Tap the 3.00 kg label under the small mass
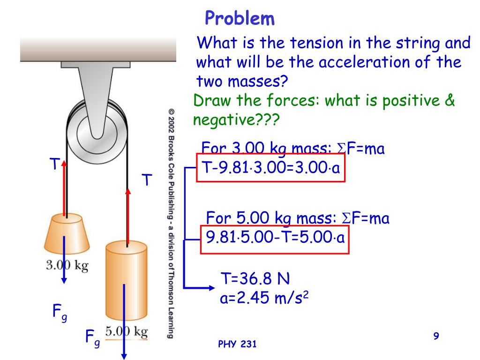pyautogui.click(x=67, y=265)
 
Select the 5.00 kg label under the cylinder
pyautogui.click(x=126, y=332)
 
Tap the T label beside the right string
pyautogui.click(x=147, y=180)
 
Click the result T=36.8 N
pyautogui.click(x=255, y=280)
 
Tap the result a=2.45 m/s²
pyautogui.click(x=266, y=298)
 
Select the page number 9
pyautogui.click(x=436, y=336)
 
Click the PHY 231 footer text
pyautogui.click(x=238, y=345)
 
